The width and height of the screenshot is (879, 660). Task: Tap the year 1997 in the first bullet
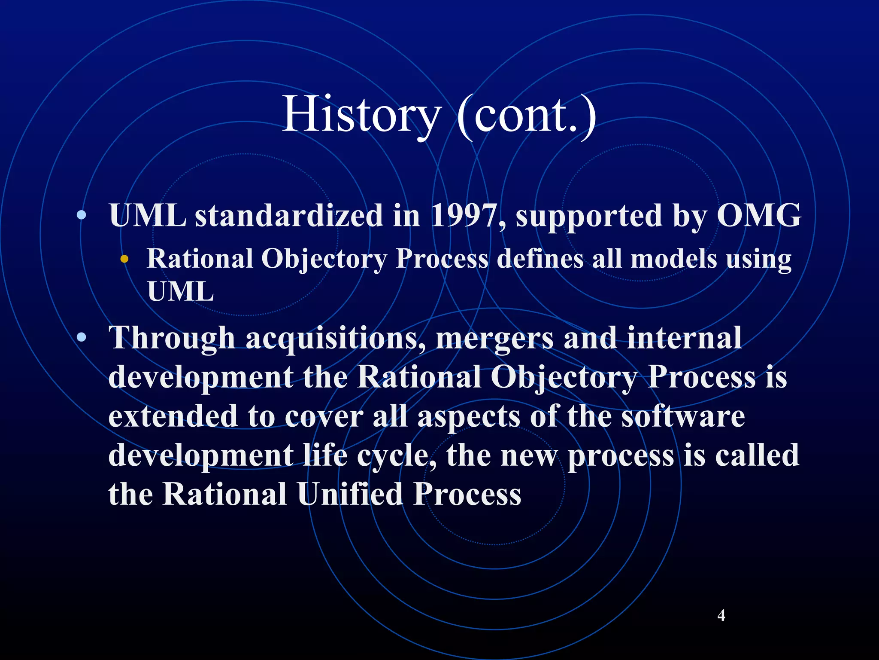(463, 215)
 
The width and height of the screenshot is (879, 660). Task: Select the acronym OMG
(759, 215)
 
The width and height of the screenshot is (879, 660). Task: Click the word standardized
(289, 215)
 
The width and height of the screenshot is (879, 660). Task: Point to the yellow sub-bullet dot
(124, 259)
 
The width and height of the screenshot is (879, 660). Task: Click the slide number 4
(721, 615)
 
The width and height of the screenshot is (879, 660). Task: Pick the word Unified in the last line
(350, 494)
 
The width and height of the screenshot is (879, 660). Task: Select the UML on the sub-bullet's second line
(180, 292)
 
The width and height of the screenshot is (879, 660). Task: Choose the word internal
(684, 338)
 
